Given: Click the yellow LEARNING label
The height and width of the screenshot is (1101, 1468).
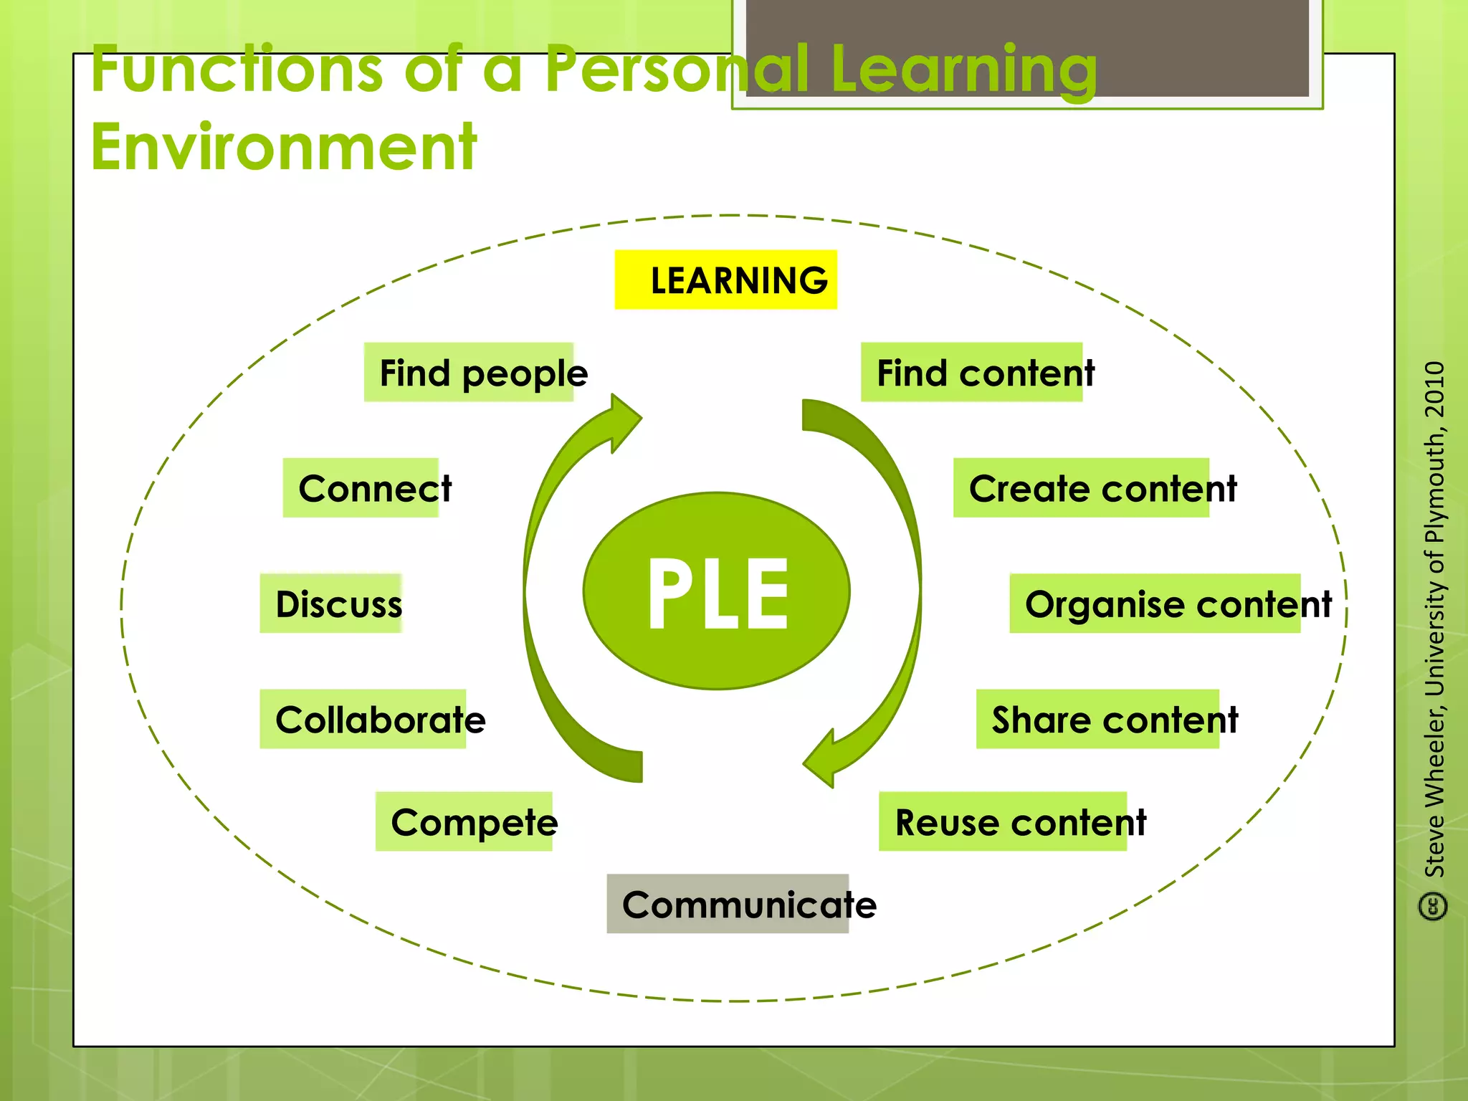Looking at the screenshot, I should coord(725,280).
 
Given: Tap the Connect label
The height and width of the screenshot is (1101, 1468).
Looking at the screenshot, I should coord(368,488).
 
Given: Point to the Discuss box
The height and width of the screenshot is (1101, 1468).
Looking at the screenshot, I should coord(333,604).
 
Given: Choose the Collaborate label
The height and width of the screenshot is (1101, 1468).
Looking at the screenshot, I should coord(373,720).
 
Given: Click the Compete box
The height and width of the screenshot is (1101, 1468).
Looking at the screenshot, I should coord(470,821).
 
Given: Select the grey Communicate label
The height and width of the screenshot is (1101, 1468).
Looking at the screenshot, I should coord(738,904).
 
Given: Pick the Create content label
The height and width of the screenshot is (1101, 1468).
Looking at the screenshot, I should coord(1093,488).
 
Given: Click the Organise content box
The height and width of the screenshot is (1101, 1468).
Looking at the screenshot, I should coord(1168,604).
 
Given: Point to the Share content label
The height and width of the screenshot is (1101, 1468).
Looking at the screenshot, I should coord(1107,720).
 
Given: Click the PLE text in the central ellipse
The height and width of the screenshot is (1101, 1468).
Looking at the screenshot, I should coord(718,594).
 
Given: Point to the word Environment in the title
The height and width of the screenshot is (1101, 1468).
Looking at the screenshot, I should coord(284,147).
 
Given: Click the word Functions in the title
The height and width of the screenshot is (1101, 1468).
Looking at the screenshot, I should coord(237,69).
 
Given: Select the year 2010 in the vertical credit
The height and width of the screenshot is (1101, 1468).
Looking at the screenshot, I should coord(1435,390).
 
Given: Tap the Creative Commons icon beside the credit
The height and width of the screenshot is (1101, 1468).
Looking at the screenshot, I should coord(1434,907).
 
